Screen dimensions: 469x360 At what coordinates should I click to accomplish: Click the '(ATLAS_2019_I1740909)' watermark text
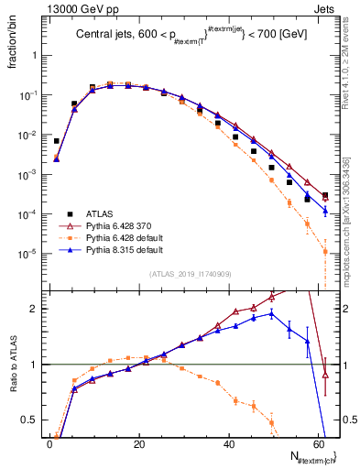click(x=190, y=274)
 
